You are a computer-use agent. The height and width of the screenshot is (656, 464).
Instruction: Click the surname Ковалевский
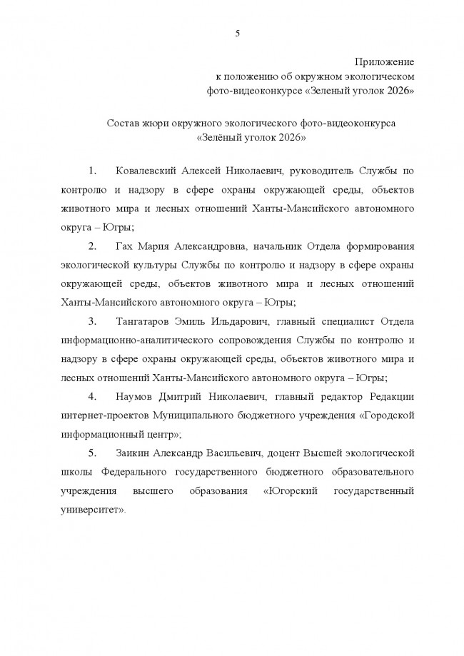coord(148,172)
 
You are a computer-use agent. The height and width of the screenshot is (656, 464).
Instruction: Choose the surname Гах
coord(123,246)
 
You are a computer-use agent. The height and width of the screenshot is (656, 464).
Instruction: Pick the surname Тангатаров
coord(144,321)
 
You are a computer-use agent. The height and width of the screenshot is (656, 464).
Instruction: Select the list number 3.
coord(91,321)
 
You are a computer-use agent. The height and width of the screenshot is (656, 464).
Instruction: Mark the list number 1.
coord(91,172)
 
